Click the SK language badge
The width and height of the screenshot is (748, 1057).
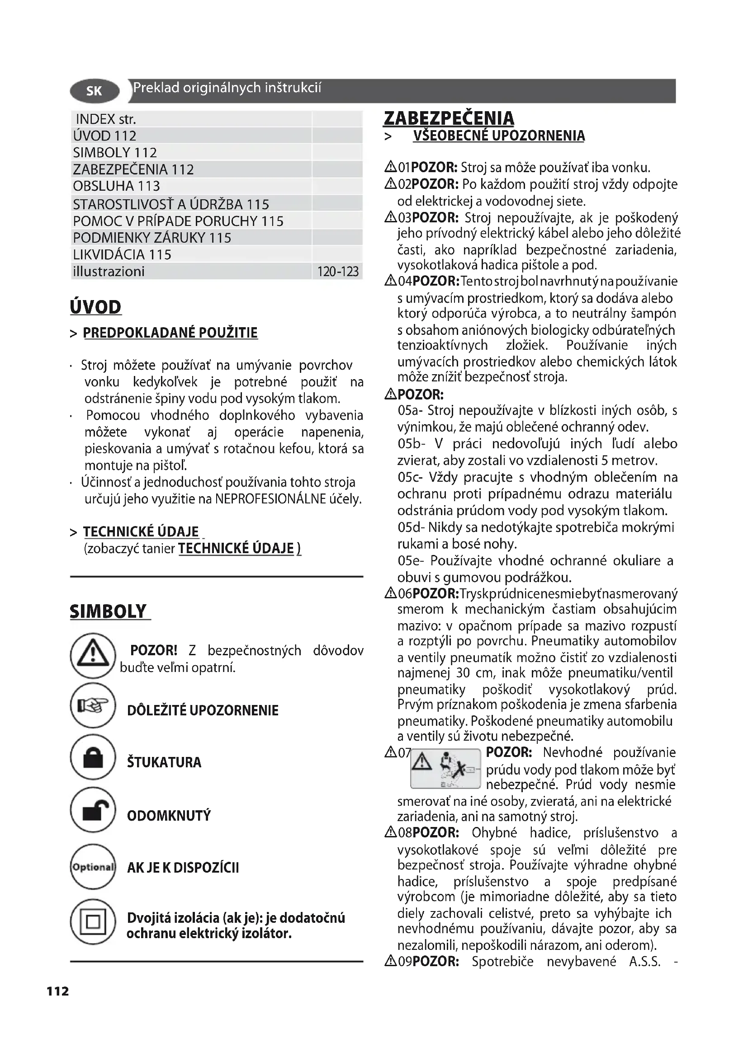[x=95, y=91]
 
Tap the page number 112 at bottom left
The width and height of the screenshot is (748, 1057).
[x=57, y=991]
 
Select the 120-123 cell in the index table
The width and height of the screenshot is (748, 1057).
[x=338, y=272]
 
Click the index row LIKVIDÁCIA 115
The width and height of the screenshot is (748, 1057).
[x=122, y=254]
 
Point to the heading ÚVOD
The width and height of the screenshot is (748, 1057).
[x=96, y=307]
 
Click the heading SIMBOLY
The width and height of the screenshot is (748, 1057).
[x=109, y=612]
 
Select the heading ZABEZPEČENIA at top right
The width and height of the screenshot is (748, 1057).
[x=449, y=118]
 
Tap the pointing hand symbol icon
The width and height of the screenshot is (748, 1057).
[x=93, y=705]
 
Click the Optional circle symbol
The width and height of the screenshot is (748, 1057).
[x=93, y=867]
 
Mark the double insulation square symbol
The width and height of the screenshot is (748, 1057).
[x=93, y=922]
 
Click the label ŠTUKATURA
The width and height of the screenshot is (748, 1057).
[x=164, y=762]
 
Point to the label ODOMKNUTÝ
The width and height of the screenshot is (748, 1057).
[x=169, y=816]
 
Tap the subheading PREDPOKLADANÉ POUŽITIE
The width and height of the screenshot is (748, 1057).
[x=170, y=333]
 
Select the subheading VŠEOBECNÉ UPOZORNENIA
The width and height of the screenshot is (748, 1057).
[x=499, y=136]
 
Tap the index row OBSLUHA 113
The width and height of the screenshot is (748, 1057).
[x=117, y=187]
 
